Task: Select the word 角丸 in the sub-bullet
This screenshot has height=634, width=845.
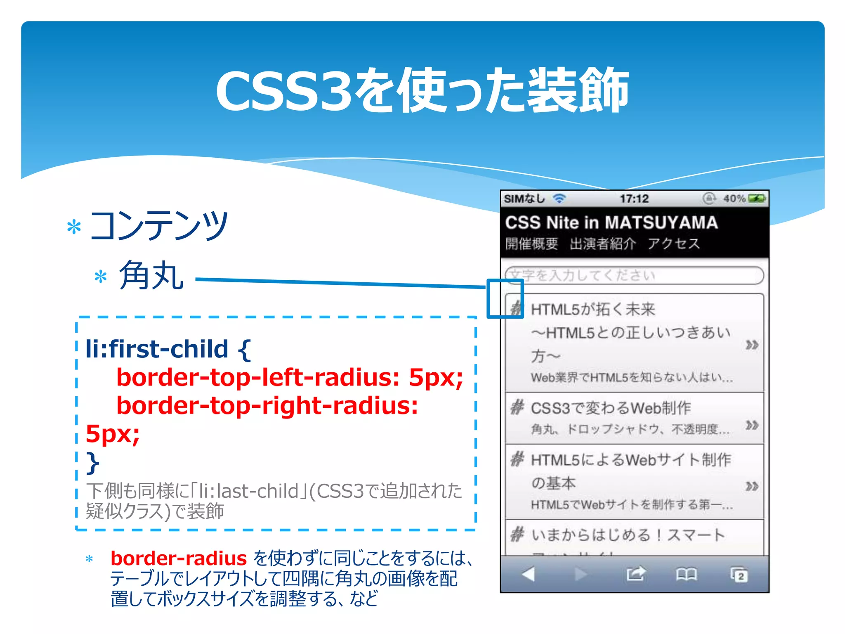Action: click(x=151, y=276)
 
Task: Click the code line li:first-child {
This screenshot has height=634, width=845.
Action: click(x=168, y=349)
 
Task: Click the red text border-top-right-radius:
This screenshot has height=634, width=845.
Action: click(x=267, y=405)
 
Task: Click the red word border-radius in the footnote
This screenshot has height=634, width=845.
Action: click(x=179, y=558)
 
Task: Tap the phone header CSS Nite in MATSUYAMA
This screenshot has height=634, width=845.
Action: click(x=611, y=222)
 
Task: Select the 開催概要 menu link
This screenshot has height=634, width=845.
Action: click(x=531, y=244)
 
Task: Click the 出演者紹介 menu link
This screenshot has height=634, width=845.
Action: click(x=602, y=244)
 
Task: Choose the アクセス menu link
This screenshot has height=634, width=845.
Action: click(x=673, y=244)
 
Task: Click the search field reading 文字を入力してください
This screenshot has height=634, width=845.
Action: click(x=634, y=275)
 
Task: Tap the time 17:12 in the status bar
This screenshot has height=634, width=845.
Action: click(x=634, y=199)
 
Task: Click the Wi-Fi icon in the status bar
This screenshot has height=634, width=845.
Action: click(x=559, y=199)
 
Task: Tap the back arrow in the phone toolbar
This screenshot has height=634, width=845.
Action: click(x=528, y=574)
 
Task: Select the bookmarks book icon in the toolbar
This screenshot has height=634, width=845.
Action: click(x=686, y=574)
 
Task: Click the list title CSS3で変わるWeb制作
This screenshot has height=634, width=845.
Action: click(x=611, y=408)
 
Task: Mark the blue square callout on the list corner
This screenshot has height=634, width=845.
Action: click(x=505, y=298)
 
